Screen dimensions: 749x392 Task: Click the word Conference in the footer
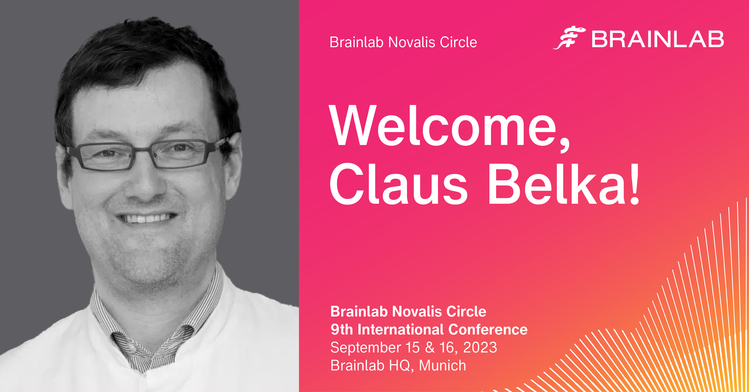(488, 330)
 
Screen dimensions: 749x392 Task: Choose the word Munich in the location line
(443, 365)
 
